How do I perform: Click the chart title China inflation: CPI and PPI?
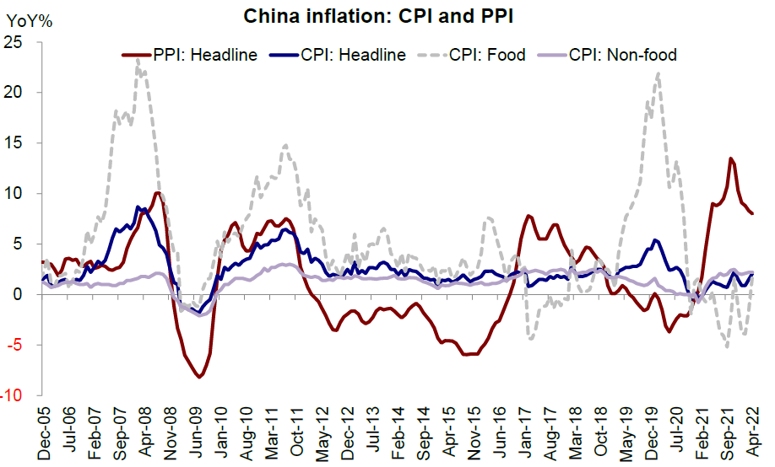coord(377,16)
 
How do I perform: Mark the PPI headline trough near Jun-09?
coord(199,377)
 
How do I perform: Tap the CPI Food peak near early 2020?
coord(658,73)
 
